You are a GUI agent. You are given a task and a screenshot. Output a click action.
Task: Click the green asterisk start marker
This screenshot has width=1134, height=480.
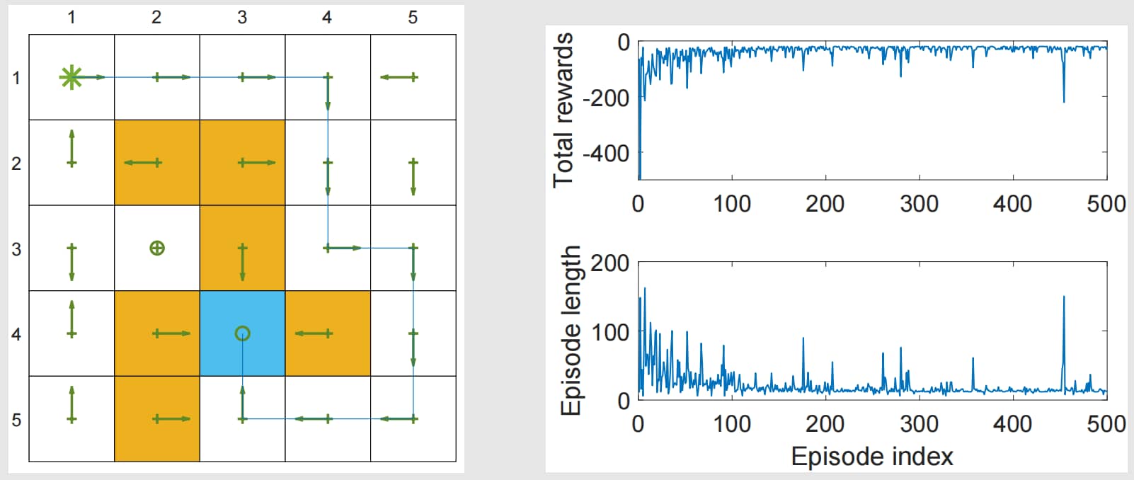point(70,77)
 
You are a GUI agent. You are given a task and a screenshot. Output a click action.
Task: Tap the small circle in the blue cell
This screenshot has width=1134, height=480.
point(243,333)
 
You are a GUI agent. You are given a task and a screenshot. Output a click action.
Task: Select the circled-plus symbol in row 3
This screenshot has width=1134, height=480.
point(157,248)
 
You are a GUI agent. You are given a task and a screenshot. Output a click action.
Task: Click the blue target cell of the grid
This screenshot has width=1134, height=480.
point(243,333)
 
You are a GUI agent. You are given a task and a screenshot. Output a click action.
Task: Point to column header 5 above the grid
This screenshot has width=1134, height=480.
point(413,18)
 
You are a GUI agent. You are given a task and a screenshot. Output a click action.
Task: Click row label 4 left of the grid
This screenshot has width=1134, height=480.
point(16,335)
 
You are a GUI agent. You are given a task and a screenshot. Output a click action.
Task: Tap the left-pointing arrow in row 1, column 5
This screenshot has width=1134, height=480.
point(399,77)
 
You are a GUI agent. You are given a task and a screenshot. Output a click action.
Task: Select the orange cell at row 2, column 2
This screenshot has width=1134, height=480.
point(157,163)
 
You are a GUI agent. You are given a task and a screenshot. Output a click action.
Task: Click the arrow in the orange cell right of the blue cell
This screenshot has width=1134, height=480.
point(314,333)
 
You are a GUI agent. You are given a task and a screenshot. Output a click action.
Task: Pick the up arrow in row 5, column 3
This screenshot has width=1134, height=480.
point(243,404)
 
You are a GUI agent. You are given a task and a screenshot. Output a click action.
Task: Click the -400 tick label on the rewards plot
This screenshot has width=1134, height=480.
point(606,153)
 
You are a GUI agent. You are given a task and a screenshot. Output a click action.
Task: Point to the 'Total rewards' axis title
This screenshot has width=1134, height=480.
point(563,110)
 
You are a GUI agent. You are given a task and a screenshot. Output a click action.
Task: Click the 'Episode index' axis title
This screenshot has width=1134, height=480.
point(872,457)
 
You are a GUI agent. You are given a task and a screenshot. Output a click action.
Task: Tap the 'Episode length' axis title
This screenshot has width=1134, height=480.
point(571,331)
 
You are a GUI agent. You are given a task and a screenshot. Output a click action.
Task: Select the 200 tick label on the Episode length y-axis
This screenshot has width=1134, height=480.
point(610,263)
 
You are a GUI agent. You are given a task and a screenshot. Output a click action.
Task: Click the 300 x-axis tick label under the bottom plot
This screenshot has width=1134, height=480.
point(919,424)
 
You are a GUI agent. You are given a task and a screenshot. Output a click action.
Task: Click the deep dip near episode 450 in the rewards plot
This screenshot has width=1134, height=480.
point(1064,102)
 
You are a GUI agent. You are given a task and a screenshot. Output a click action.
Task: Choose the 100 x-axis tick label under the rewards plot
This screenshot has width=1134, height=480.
point(731,204)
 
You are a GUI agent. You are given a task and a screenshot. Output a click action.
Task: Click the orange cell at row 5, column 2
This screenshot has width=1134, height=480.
point(157,418)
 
